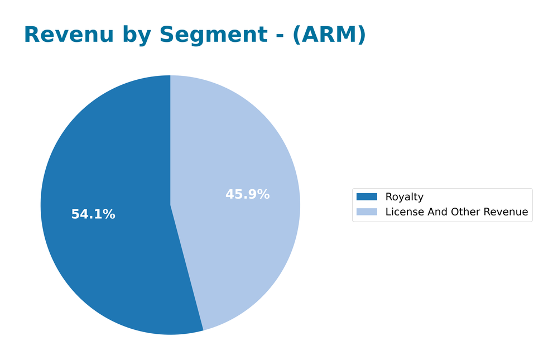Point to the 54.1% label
93,214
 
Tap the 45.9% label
247,195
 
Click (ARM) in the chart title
329,35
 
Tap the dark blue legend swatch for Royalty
367,197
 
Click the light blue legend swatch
367,212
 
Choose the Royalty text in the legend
404,197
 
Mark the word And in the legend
433,212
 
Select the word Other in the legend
461,212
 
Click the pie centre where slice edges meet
170,205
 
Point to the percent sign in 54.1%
110,214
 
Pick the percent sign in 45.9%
264,195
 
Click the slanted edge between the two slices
187,268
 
